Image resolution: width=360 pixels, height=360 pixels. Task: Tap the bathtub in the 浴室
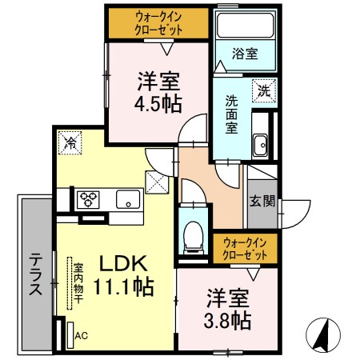click(246, 25)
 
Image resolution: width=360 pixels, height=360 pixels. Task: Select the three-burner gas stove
click(88, 199)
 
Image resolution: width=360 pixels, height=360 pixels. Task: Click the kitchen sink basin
click(128, 199)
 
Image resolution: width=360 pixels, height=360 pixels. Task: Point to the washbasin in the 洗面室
click(261, 145)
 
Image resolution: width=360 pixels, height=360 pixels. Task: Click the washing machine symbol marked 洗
click(264, 90)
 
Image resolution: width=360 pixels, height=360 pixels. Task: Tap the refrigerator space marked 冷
click(70, 142)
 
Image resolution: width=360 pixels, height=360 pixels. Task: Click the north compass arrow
click(323, 334)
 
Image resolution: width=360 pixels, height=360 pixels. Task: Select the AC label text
click(81, 335)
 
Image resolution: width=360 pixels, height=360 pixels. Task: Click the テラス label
click(36, 274)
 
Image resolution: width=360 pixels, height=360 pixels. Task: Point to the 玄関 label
click(262, 201)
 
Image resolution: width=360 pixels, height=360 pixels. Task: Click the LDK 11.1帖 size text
click(123, 275)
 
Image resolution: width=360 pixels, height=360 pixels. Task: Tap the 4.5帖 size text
click(158, 104)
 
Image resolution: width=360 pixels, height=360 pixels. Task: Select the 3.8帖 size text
click(227, 321)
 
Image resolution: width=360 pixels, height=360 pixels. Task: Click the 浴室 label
click(245, 54)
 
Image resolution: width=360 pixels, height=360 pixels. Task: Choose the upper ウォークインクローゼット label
click(158, 23)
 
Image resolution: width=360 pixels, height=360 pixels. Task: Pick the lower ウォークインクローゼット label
click(245, 249)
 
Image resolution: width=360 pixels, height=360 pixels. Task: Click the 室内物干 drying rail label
click(78, 283)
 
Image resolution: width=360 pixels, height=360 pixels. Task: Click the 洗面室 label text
click(231, 114)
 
